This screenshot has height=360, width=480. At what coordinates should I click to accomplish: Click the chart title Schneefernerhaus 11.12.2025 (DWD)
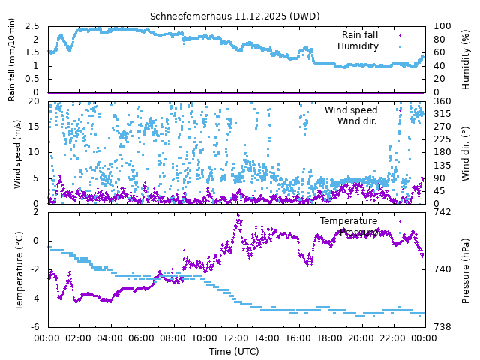tap(234, 16)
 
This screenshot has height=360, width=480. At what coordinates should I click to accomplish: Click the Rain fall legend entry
tap(360, 35)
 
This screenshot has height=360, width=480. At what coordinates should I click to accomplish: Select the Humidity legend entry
tap(358, 46)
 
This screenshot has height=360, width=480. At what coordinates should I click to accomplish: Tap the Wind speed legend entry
tap(351, 110)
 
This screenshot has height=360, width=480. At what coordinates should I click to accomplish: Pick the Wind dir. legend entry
tap(357, 121)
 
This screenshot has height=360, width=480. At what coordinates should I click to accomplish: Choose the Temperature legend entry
tap(349, 221)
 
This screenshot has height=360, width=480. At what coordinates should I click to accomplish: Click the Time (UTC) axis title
tap(234, 351)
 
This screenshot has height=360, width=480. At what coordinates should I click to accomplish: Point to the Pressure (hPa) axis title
tap(466, 270)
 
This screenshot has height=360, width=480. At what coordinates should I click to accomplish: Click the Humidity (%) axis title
tap(466, 59)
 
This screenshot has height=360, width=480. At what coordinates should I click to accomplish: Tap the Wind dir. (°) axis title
tap(466, 152)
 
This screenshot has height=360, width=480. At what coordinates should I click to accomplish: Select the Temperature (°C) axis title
tap(20, 270)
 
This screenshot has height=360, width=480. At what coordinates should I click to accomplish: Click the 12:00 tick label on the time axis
tap(236, 337)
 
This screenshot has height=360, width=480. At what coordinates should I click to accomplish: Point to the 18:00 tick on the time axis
tap(331, 337)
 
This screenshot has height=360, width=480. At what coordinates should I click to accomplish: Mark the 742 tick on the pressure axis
tap(441, 211)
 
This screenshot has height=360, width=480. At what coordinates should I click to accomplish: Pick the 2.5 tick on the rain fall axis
tap(32, 26)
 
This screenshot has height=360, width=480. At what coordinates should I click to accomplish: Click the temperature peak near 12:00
tap(238, 217)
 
